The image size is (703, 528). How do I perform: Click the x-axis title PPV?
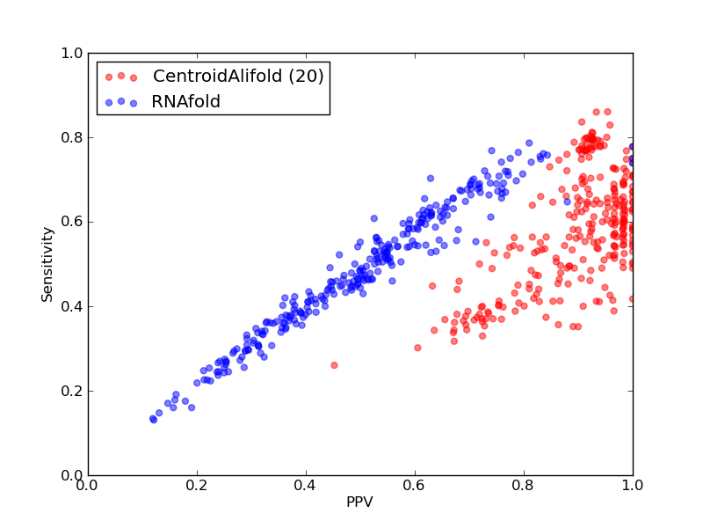tap(359, 502)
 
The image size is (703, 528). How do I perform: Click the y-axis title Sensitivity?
tap(47, 265)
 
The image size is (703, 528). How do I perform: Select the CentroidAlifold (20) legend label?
tap(238, 76)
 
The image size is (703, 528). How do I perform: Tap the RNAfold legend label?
tap(186, 102)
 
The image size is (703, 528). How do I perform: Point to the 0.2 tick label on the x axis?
tap(197, 486)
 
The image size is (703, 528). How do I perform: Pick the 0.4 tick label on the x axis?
tap(306, 486)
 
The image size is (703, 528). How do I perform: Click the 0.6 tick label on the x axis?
tap(415, 486)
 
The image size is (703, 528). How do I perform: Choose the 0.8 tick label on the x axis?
tap(524, 486)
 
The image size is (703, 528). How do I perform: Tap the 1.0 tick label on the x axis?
tap(633, 486)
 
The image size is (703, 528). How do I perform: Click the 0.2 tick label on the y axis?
tap(72, 391)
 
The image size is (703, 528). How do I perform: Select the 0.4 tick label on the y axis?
tap(72, 306)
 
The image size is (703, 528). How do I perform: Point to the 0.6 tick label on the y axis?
tap(72, 223)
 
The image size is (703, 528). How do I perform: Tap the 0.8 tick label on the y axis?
tap(72, 138)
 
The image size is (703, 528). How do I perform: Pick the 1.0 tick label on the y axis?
tap(72, 54)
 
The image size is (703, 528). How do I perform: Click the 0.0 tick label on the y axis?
tap(72, 475)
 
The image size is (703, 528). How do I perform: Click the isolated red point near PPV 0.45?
tap(334, 365)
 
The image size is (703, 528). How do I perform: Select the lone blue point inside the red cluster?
tap(567, 202)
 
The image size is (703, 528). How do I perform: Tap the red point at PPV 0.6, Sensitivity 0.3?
tap(417, 348)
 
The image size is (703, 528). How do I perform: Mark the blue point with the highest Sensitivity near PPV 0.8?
tap(529, 143)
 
